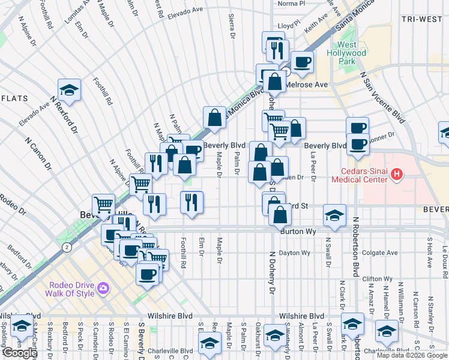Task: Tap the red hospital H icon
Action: click(395, 175)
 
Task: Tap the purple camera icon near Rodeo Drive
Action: click(103, 289)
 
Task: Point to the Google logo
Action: click(19, 353)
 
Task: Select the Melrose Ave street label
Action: click(309, 85)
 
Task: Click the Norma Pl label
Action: click(292, 3)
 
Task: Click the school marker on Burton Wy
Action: click(334, 215)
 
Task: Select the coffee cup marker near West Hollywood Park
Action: click(302, 61)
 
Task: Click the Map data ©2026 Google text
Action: click(412, 355)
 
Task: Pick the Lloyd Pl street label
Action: click(288, 26)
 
